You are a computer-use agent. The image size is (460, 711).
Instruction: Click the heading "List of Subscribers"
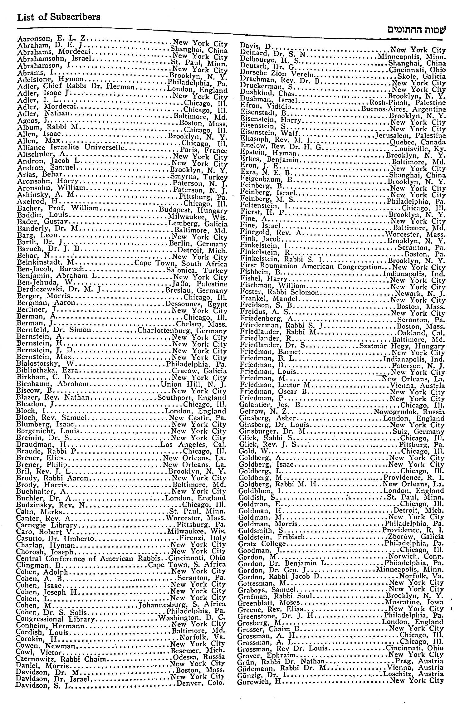coord(59,17)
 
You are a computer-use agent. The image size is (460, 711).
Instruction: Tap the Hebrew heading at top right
coord(417,30)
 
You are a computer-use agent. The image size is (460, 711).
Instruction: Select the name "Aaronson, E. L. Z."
coord(52,38)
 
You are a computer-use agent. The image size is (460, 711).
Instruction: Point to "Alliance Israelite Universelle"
coord(71,147)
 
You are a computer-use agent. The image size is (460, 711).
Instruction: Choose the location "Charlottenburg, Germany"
coord(182,331)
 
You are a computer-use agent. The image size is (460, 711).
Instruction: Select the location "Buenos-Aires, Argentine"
coord(404,109)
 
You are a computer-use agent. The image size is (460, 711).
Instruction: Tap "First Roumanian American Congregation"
coord(311,267)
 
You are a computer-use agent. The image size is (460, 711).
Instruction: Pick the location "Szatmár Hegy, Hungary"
coord(402,346)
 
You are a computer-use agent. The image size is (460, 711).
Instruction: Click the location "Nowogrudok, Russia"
coord(409,412)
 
